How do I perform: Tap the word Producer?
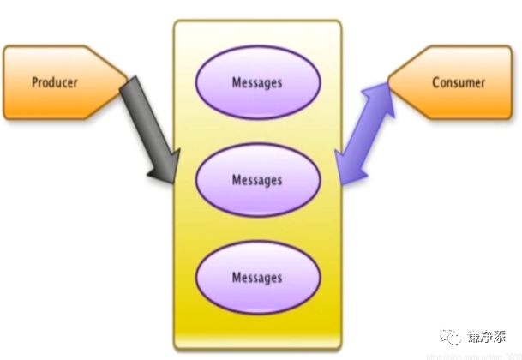(x=55, y=83)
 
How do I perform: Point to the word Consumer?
(x=458, y=83)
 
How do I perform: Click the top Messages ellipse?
(x=257, y=83)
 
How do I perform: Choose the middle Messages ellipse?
(x=257, y=180)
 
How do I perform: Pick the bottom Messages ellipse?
(x=257, y=277)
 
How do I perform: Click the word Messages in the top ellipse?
(x=257, y=83)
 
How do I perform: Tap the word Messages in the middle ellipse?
(x=257, y=180)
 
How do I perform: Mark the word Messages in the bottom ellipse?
(x=257, y=277)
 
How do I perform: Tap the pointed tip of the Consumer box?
(x=389, y=82)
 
